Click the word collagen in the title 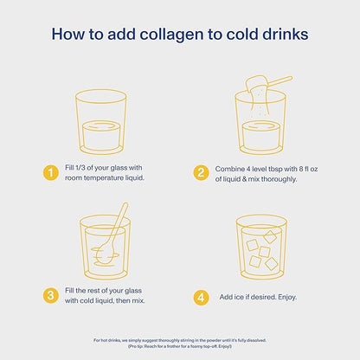172,35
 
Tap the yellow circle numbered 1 51,173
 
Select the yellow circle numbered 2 201,173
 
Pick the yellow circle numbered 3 51,296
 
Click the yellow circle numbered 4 201,297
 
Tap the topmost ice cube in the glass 271,236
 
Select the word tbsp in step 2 275,170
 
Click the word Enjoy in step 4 286,297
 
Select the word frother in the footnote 173,346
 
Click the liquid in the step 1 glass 101,136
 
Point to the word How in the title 68,34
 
